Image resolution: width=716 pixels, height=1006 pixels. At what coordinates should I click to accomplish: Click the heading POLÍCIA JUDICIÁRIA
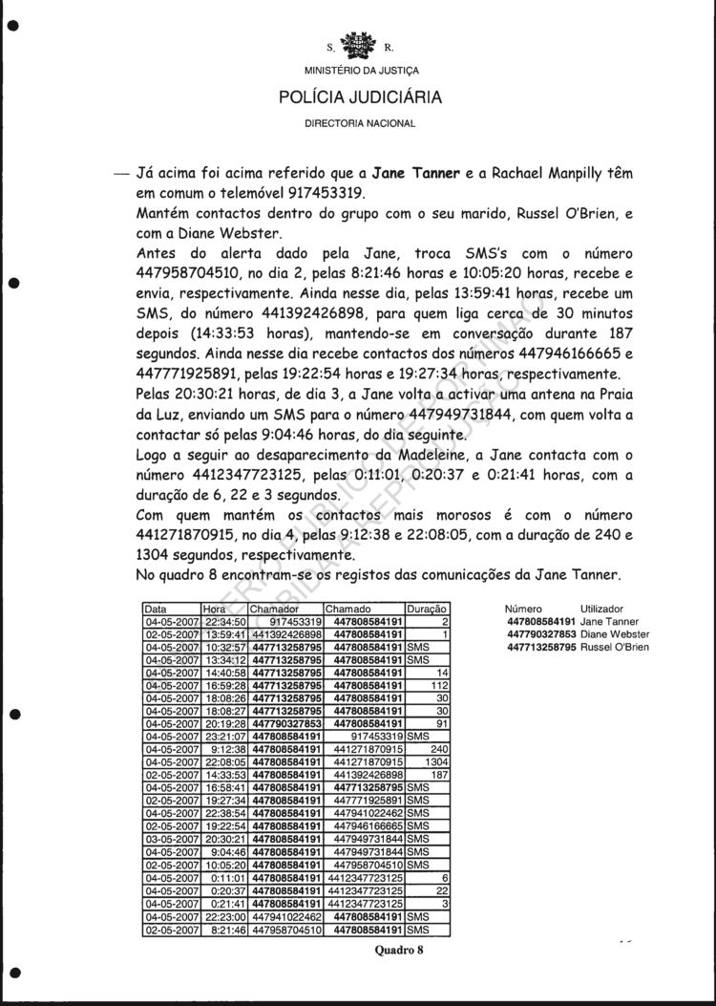coord(360,96)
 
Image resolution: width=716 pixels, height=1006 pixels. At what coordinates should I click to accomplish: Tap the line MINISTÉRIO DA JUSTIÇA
coord(360,71)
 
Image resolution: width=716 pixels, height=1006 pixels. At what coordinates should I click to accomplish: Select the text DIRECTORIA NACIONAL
coord(360,124)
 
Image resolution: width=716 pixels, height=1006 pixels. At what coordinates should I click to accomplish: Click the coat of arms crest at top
coord(360,44)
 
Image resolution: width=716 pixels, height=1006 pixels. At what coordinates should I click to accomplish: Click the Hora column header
coord(213,609)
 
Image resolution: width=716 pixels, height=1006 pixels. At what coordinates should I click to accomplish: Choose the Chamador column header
coord(274,609)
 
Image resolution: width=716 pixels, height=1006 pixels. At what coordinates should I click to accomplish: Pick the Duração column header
coord(426,609)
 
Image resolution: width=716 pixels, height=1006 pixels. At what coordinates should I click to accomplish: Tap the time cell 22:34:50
coord(224,621)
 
